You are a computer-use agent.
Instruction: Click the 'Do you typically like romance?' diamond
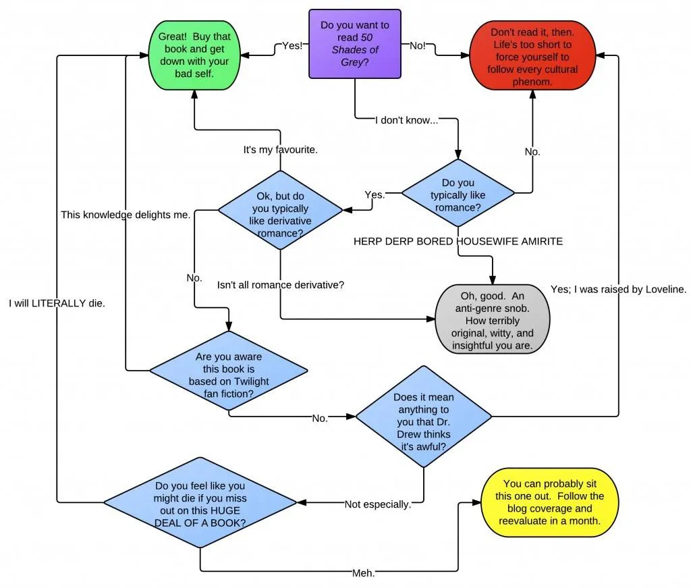click(458, 195)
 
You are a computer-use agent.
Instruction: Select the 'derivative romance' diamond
click(280, 210)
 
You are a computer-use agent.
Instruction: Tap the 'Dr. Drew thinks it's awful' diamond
click(424, 417)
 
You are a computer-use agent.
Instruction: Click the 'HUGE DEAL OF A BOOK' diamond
click(200, 503)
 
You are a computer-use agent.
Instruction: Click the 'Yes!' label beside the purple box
click(292, 46)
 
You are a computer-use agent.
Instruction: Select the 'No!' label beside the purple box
click(418, 46)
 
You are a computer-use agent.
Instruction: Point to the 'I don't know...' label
click(406, 120)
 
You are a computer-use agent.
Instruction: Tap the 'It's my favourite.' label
click(280, 149)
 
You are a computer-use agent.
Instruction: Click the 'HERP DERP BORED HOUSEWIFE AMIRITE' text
click(458, 241)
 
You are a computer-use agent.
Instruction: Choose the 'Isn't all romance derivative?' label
click(280, 285)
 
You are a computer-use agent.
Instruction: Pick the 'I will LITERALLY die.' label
click(57, 303)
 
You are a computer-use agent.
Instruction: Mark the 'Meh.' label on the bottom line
click(364, 572)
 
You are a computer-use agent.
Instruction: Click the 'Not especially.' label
click(377, 504)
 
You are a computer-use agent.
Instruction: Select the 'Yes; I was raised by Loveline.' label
click(619, 289)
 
